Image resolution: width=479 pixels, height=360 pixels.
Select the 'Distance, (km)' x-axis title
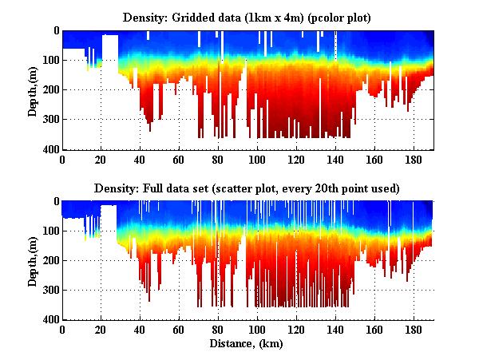[x=247, y=344]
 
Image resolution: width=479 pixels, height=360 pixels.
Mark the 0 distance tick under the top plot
[x=62, y=160]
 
